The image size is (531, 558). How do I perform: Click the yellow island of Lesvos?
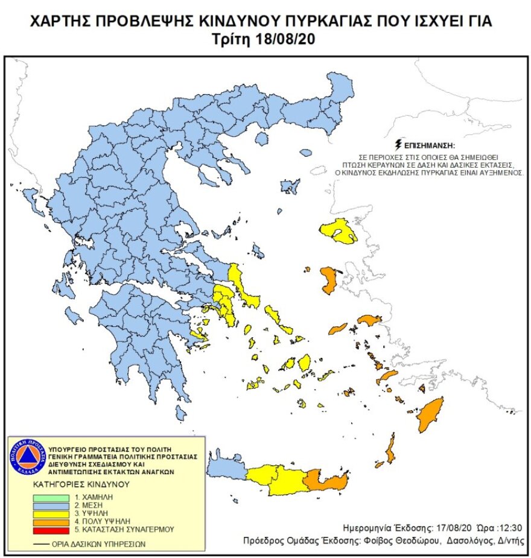click(x=338, y=231)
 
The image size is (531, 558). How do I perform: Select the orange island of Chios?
click(x=329, y=281)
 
